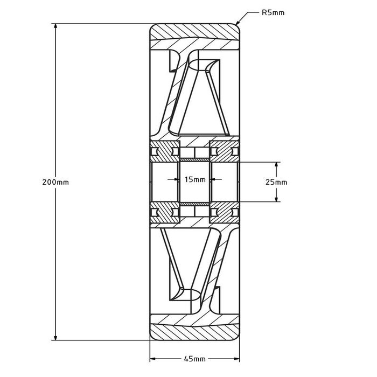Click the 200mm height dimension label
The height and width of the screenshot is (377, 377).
click(55, 182)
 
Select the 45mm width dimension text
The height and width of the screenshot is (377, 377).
click(194, 359)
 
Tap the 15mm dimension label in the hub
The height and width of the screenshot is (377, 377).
click(194, 180)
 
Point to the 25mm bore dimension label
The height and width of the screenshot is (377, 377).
click(277, 182)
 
